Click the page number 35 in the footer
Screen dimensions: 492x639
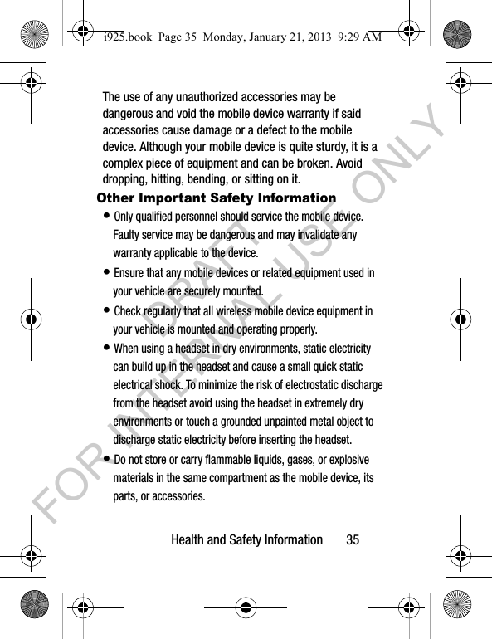(x=353, y=539)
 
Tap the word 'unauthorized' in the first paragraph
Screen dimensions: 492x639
(x=201, y=96)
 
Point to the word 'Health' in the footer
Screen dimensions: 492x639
(x=188, y=539)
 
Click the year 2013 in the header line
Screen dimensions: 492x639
(x=318, y=36)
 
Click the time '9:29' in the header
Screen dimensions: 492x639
(x=343, y=36)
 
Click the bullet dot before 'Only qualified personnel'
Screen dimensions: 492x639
(x=108, y=216)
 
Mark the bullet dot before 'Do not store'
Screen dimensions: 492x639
(x=108, y=459)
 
